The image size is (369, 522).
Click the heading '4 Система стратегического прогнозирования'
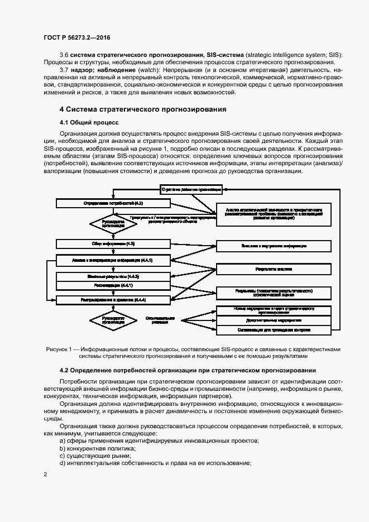[143, 109]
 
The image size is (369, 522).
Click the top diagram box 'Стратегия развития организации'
[190, 189]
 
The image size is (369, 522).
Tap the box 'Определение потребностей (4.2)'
[113, 204]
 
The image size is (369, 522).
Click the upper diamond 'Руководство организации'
[113, 223]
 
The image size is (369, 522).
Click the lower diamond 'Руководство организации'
[113, 319]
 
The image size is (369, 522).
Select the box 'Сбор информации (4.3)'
[113, 244]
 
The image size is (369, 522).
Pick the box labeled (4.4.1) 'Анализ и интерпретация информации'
[113, 260]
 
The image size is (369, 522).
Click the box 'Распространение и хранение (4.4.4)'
[113, 300]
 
